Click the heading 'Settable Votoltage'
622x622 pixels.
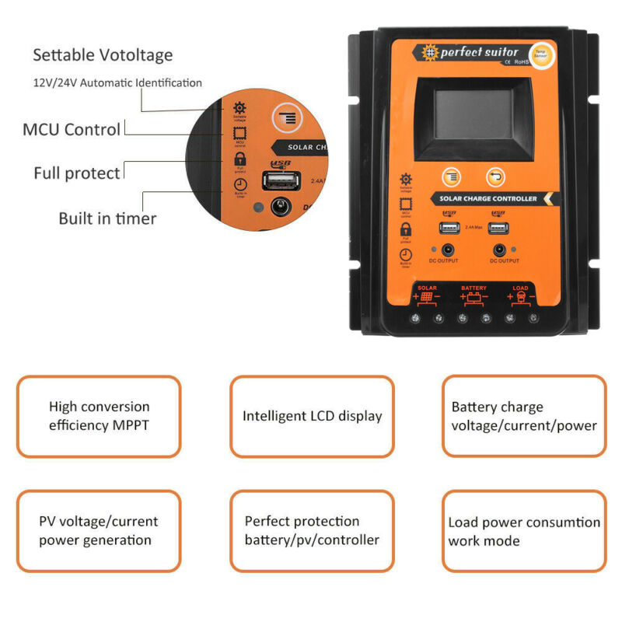point(103,55)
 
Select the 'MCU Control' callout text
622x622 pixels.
point(72,129)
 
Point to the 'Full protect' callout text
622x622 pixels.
point(77,173)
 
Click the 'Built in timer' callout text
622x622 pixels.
point(107,218)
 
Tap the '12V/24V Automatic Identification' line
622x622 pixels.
point(117,82)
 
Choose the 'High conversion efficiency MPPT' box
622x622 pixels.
point(99,416)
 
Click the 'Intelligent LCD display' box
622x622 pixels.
point(312,416)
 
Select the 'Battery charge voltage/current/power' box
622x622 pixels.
point(524,416)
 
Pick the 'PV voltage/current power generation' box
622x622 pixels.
point(99,530)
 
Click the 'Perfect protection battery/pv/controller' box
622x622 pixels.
point(312,530)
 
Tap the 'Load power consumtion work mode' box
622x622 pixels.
point(524,530)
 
